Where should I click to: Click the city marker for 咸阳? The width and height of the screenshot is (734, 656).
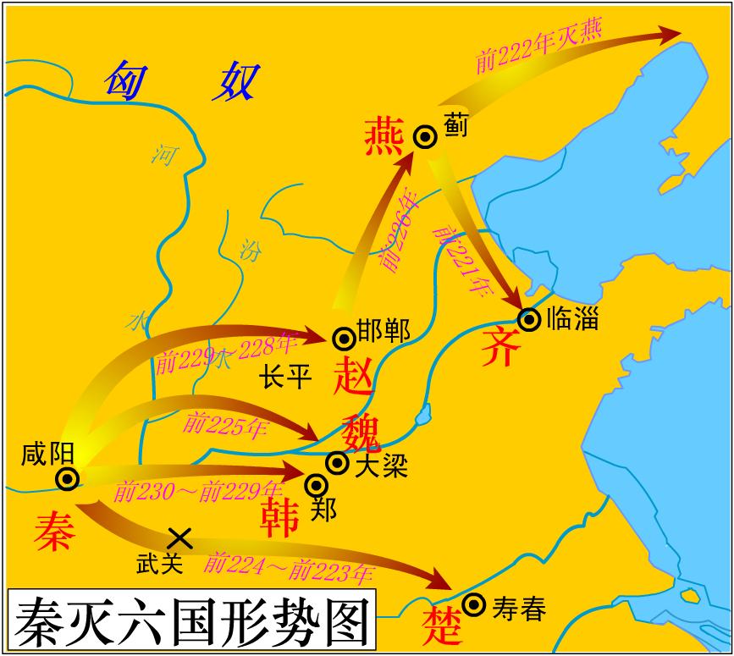click(68, 479)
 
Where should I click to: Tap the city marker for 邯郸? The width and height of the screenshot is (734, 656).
click(344, 339)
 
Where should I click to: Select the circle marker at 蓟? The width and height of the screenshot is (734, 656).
click(425, 136)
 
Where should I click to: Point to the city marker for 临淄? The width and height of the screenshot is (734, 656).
click(529, 319)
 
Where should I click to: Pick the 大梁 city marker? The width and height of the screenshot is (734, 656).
click(337, 462)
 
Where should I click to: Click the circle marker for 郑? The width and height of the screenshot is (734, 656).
click(317, 484)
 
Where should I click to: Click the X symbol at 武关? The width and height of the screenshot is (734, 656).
click(179, 537)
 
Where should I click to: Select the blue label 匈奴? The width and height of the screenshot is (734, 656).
click(181, 81)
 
